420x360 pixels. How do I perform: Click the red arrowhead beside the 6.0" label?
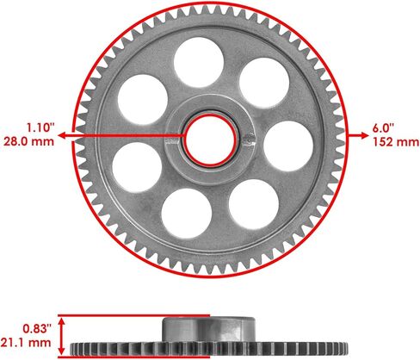355,133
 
